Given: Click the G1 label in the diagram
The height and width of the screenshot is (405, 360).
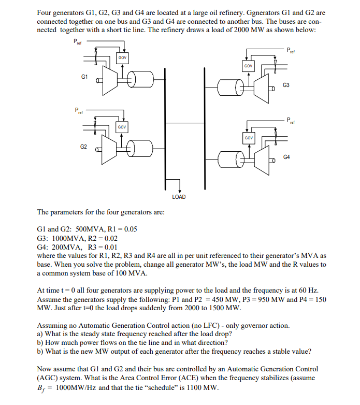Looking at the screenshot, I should (84, 77).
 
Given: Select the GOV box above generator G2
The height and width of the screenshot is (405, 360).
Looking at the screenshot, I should (122, 126).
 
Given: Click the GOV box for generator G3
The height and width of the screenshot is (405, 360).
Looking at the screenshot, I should (248, 66).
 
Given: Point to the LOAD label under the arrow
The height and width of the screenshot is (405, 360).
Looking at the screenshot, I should (178, 197).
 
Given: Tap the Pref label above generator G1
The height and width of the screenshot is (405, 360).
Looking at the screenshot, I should (77, 41).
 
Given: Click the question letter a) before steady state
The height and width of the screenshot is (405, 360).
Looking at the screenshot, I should (40, 334).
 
